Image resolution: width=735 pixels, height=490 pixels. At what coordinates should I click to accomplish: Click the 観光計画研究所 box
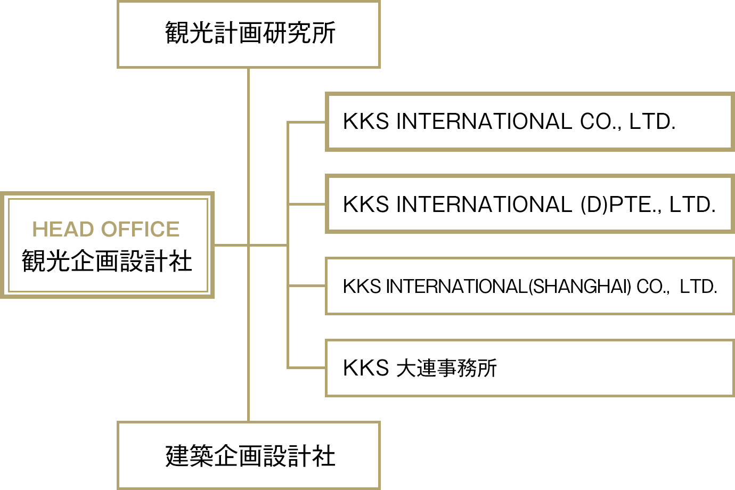click(x=249, y=34)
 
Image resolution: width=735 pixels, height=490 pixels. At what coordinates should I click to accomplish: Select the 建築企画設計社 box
click(x=249, y=455)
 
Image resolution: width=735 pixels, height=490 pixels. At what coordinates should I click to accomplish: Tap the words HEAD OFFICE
click(x=105, y=229)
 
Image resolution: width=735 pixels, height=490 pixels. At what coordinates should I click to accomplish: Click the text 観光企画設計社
click(x=107, y=261)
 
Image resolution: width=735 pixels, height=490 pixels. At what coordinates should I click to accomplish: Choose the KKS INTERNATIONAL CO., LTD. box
click(x=529, y=122)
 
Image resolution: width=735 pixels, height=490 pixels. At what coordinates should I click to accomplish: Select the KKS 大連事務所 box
click(x=529, y=368)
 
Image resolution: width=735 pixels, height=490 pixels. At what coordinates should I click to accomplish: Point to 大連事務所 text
click(x=446, y=368)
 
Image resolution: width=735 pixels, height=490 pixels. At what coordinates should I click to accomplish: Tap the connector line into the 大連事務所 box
click(x=306, y=367)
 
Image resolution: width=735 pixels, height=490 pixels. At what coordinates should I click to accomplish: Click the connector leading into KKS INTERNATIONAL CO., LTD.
click(x=306, y=123)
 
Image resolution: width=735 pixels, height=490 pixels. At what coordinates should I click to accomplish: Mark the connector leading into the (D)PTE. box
click(x=306, y=204)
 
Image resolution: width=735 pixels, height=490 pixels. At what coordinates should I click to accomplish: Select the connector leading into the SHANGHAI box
click(x=306, y=286)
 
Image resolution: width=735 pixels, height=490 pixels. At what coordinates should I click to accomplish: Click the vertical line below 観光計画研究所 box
click(x=249, y=133)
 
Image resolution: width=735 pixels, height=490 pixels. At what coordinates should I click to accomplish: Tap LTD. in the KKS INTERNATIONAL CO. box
click(x=652, y=122)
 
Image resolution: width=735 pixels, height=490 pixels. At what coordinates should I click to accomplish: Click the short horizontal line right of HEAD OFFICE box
click(x=231, y=245)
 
